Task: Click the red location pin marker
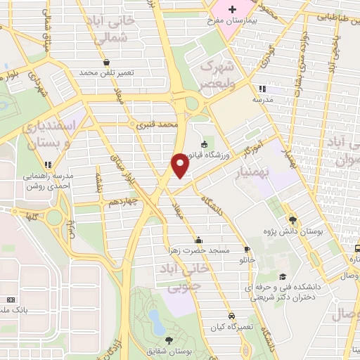[181, 165]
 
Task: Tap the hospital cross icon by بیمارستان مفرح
[233, 8]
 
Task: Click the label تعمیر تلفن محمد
[106, 72]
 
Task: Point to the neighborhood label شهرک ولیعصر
[216, 74]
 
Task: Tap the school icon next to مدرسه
[262, 89]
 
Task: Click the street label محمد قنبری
[160, 124]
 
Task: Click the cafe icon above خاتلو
[247, 249]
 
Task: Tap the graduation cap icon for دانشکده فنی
[283, 276]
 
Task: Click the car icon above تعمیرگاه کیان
[231, 316]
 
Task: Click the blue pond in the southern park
[157, 326]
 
